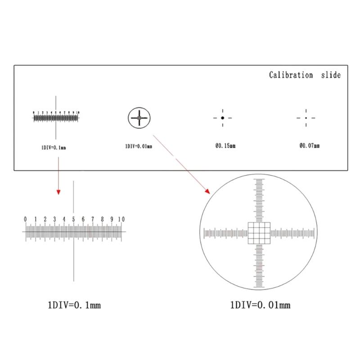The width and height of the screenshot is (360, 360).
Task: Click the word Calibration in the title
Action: [291, 75]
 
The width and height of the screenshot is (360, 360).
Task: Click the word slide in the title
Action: [331, 75]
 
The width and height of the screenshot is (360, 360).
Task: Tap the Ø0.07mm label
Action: [310, 146]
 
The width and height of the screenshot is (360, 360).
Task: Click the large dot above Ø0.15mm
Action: [222, 118]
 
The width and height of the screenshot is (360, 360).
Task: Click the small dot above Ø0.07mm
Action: [306, 118]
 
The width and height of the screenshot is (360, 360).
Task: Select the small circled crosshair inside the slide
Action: [139, 118]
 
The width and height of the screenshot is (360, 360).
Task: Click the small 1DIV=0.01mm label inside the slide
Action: [138, 146]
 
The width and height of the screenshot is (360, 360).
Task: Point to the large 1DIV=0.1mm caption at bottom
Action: [74, 305]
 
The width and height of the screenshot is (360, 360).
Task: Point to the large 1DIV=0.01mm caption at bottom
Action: [260, 305]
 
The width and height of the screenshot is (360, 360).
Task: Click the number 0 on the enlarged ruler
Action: [25, 219]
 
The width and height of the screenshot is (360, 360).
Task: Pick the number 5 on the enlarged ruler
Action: [73, 219]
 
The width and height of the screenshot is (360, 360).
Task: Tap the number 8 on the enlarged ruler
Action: [102, 219]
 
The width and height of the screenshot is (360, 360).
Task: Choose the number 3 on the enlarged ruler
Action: [54, 219]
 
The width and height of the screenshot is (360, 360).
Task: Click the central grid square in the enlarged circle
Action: [259, 233]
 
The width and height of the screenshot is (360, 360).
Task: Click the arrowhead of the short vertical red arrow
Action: [58, 192]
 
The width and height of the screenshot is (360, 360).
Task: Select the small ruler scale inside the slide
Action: [56, 118]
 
